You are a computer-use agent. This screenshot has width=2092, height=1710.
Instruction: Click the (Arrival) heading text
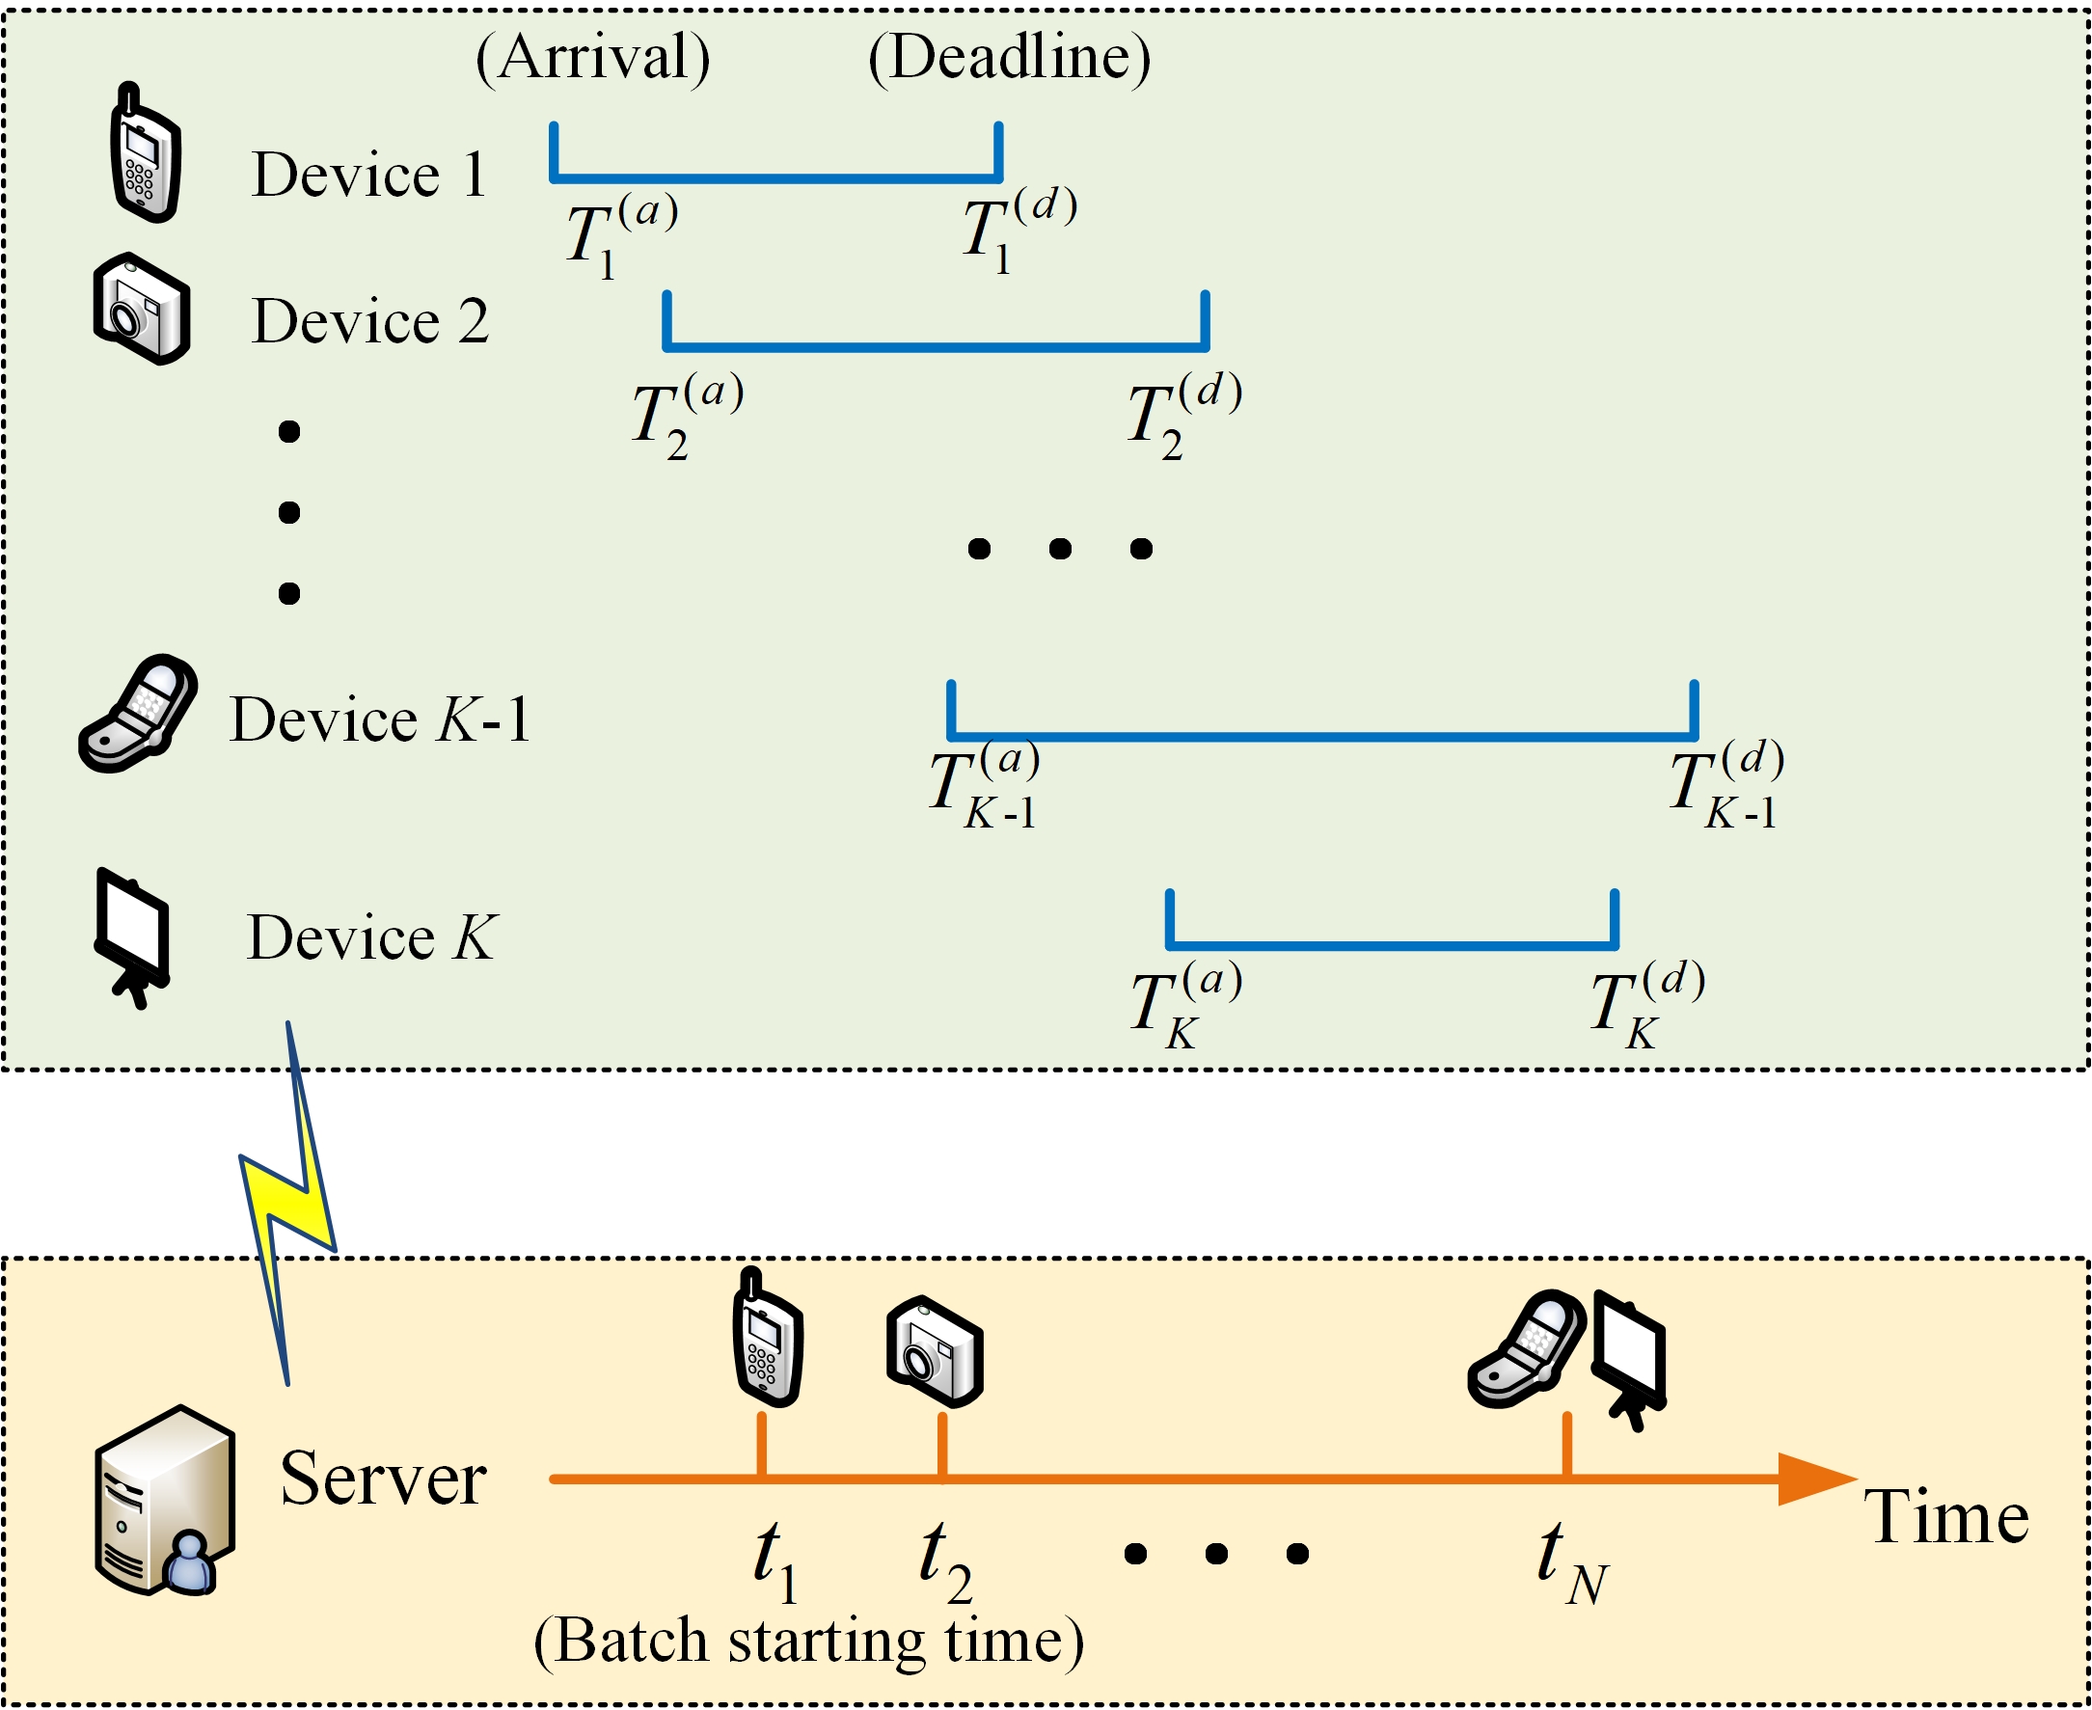point(592,58)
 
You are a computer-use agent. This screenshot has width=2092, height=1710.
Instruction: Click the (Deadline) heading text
point(1009,58)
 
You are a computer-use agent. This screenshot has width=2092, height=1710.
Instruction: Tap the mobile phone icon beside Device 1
point(146,153)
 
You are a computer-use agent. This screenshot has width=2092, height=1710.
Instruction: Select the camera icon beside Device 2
point(142,311)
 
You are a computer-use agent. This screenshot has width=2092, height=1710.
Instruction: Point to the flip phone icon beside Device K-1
point(138,713)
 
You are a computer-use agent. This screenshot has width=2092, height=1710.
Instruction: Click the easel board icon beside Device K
point(132,936)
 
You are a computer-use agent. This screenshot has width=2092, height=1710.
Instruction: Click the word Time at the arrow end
point(1946,1518)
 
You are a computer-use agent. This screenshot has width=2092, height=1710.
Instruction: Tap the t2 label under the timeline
point(944,1561)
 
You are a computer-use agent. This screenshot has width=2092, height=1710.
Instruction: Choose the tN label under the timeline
point(1571,1561)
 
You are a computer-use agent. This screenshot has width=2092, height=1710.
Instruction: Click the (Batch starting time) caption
point(807,1642)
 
